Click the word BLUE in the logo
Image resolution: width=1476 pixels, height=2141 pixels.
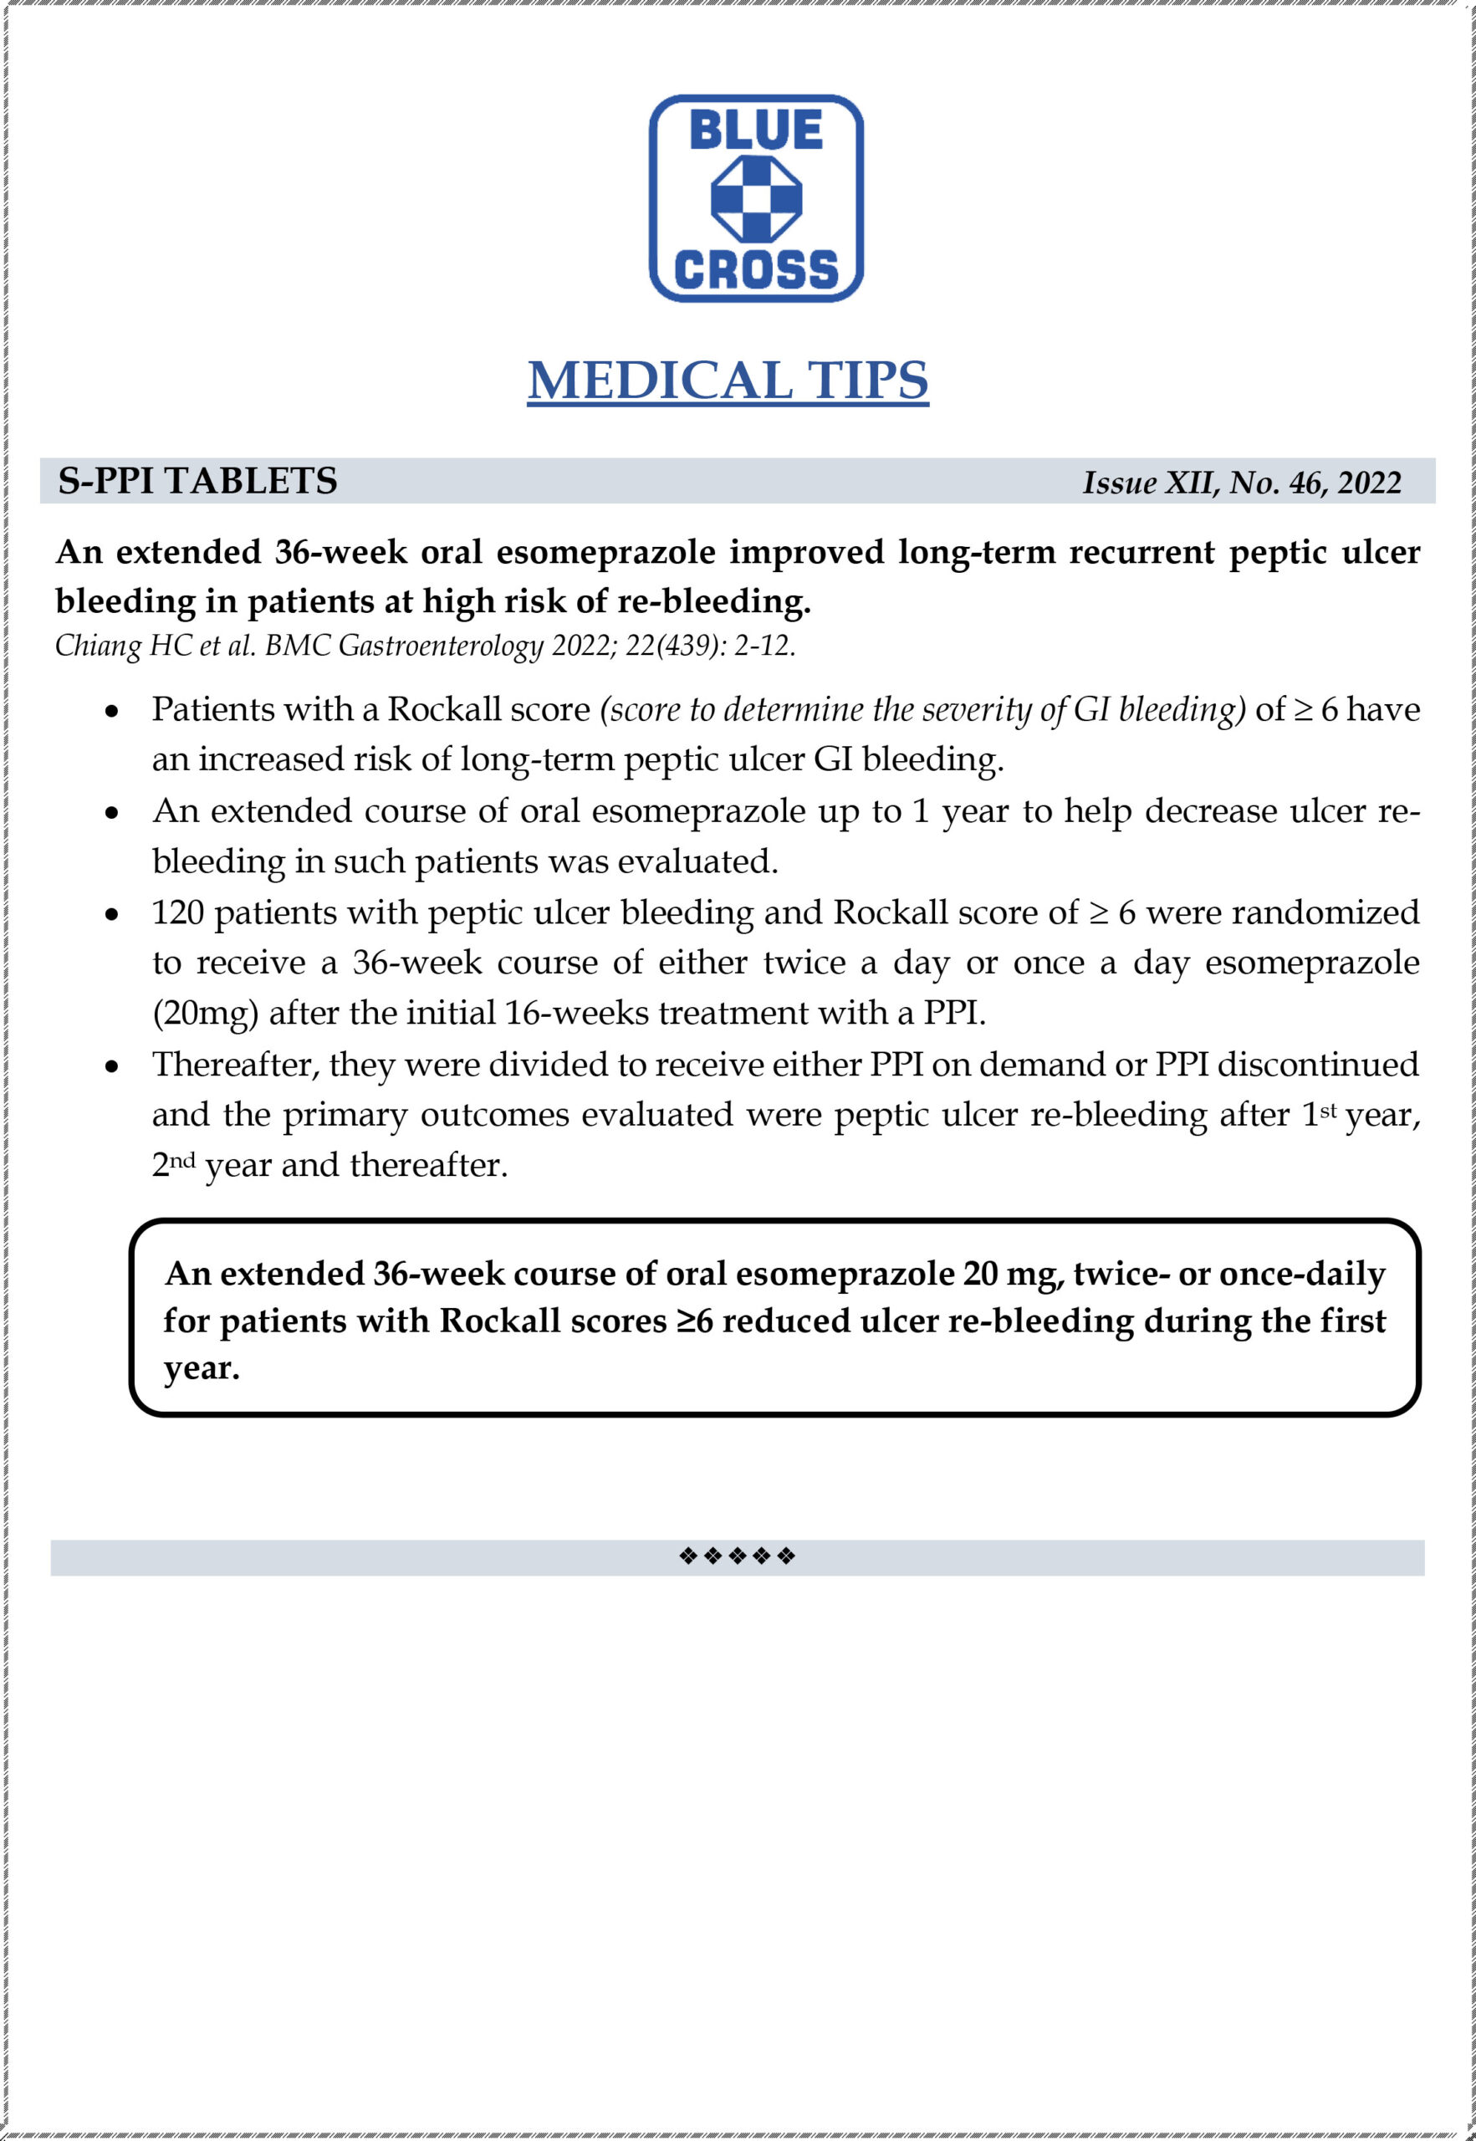756,130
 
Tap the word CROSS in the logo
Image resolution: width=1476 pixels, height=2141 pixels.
756,269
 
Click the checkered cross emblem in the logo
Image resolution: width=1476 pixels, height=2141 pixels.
756,199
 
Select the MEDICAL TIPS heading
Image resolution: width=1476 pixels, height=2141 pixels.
728,380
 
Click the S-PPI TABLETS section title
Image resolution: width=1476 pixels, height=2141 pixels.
198,481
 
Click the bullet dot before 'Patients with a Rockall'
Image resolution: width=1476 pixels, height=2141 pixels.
112,712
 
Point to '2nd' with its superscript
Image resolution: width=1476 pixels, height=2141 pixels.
174,1164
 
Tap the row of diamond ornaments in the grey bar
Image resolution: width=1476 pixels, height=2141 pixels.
737,1556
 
